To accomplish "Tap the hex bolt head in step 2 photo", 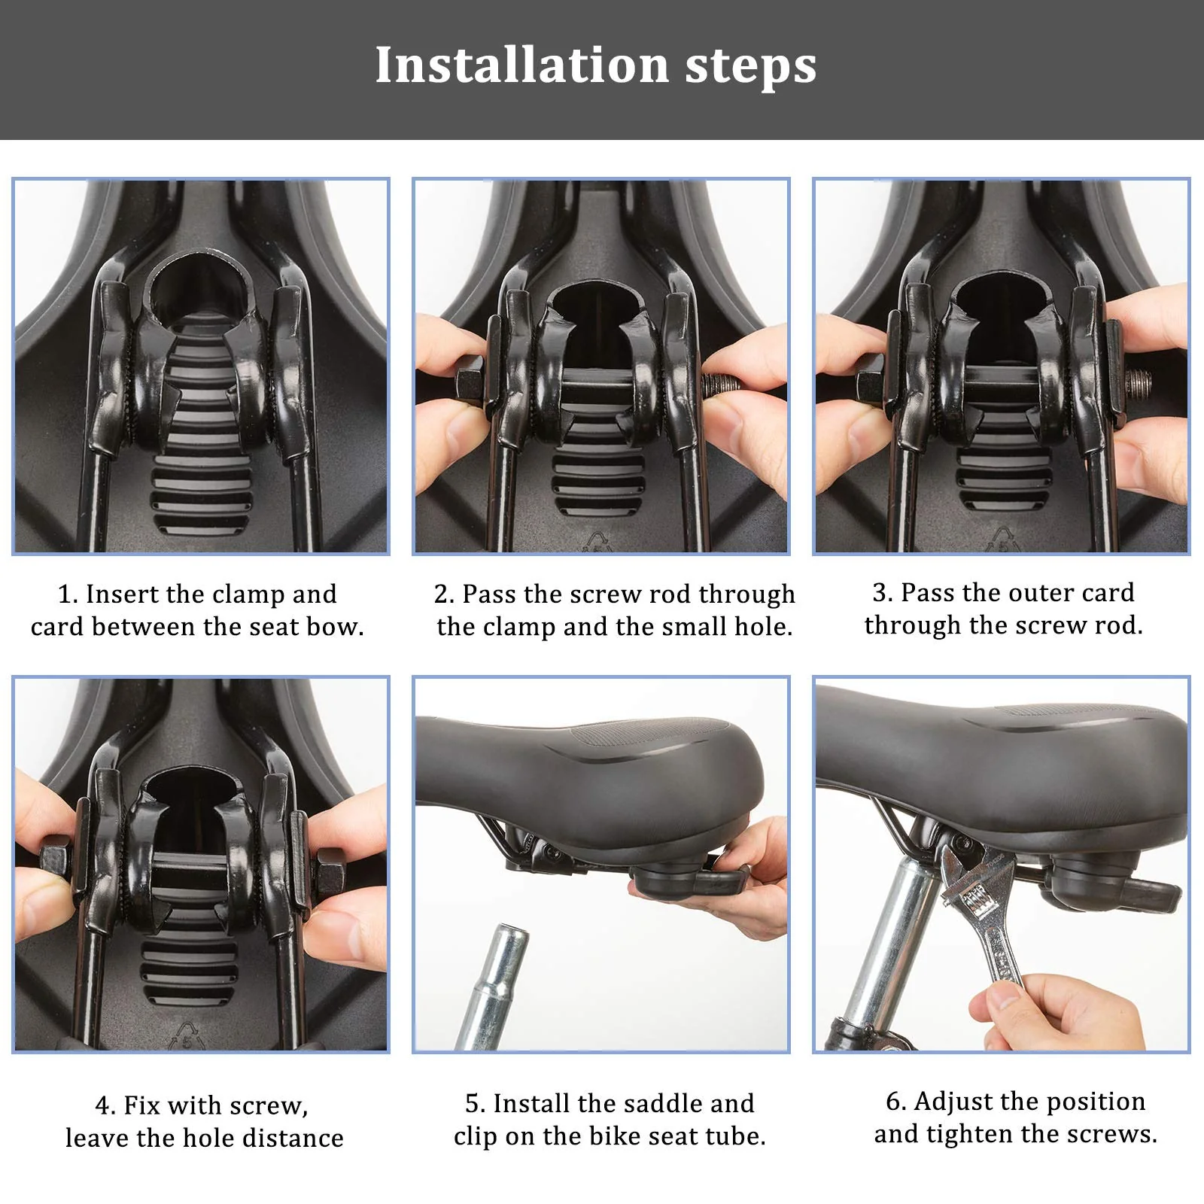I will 471,385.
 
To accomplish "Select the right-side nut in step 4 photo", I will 332,872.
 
